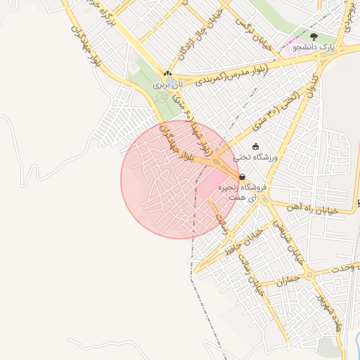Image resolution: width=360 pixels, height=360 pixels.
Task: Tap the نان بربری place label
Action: point(167,83)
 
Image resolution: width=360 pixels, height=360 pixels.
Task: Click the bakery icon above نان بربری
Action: point(167,73)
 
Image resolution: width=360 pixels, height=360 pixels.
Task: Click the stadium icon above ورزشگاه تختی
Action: point(255,146)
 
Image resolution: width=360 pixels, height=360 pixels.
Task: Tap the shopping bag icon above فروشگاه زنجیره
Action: point(242,177)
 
